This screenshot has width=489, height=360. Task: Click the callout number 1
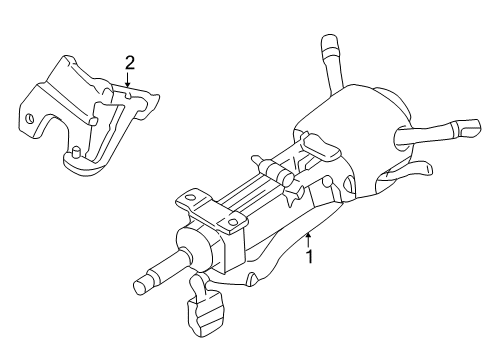310,255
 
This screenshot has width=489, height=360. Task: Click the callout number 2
129,64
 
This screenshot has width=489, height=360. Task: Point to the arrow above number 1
309,238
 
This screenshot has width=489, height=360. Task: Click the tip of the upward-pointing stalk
327,41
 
